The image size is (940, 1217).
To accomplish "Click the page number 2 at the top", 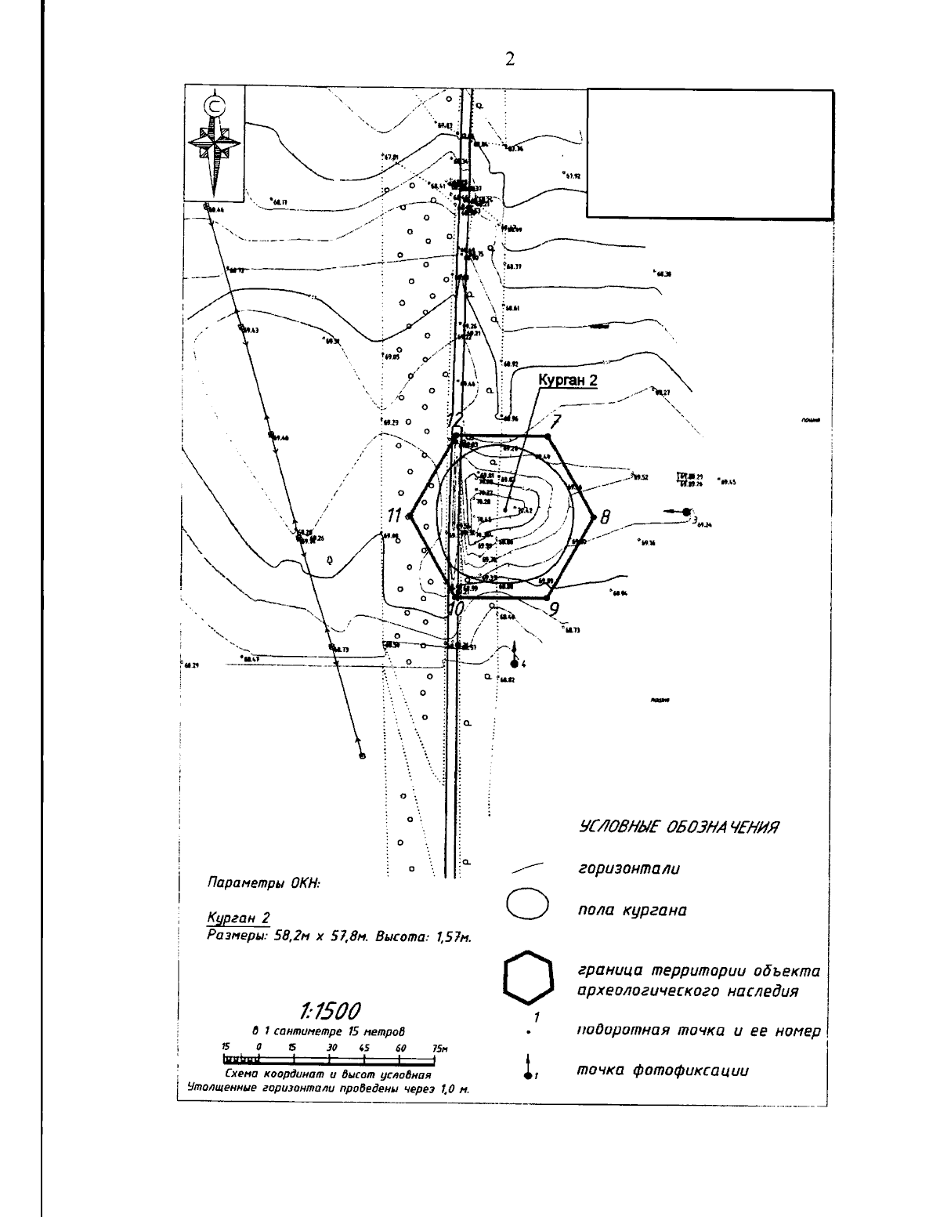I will tap(510, 60).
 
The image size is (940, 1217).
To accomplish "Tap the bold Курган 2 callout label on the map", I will tap(566, 380).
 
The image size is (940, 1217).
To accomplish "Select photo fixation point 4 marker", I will tap(515, 663).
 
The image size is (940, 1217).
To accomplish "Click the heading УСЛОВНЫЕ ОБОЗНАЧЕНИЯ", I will tap(679, 828).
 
